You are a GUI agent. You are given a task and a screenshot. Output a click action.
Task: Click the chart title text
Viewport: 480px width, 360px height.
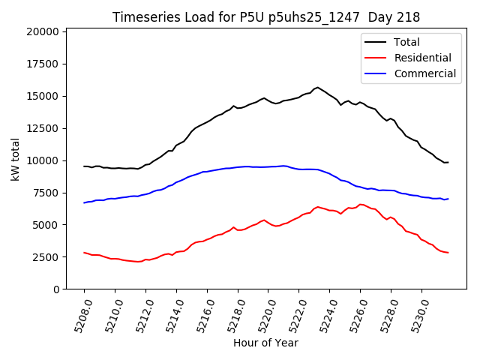[266, 16]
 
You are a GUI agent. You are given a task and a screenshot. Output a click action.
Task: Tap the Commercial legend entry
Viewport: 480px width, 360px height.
[424, 73]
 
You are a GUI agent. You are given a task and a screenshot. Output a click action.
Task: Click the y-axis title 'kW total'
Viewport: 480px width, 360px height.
[15, 159]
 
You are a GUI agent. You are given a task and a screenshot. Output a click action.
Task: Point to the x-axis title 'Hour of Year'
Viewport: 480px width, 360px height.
[266, 343]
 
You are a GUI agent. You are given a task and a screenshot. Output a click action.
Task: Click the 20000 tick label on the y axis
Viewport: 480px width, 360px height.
[42, 31]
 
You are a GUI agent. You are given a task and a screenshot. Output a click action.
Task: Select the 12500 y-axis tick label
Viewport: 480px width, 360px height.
[42, 128]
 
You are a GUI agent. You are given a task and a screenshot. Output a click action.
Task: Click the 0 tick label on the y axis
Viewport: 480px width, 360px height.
[56, 289]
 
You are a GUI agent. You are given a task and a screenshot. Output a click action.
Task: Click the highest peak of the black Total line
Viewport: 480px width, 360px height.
[317, 87]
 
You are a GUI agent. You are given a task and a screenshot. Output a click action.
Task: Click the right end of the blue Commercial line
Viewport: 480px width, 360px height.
[448, 199]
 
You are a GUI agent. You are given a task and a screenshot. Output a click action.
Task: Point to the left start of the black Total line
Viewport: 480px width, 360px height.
[84, 166]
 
